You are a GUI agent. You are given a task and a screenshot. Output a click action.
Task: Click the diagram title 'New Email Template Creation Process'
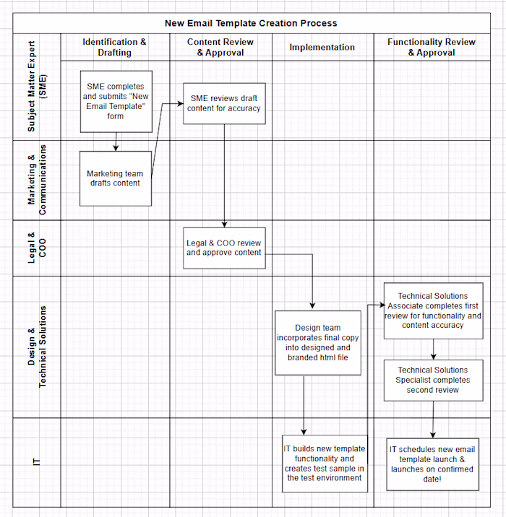tap(251, 23)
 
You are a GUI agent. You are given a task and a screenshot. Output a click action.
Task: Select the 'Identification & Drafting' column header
tap(115, 47)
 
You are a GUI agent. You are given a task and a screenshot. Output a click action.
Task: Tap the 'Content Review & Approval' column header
tap(220, 47)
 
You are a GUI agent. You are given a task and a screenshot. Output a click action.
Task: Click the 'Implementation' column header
tap(322, 47)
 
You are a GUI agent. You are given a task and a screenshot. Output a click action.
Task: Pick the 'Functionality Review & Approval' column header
tap(431, 47)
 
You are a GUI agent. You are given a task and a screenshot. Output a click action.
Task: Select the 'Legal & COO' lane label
tap(36, 248)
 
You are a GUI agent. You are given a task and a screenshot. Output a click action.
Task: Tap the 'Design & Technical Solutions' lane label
tap(36, 347)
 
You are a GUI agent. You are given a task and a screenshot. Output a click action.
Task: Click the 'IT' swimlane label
tap(36, 462)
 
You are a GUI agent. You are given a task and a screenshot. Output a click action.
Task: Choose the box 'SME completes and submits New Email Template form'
tap(116, 101)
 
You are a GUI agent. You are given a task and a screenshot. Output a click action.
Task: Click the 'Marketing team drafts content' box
tap(116, 178)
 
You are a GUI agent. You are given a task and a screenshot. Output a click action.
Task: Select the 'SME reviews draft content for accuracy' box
tap(225, 103)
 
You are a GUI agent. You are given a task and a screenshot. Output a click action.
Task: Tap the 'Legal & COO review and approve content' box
tap(224, 248)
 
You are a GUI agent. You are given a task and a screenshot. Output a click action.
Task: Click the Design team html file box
tap(317, 343)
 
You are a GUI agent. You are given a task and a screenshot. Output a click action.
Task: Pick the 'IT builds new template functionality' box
tap(325, 464)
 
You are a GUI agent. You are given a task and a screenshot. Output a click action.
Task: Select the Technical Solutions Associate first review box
tap(433, 310)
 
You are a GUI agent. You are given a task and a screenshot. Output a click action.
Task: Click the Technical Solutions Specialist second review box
tap(432, 380)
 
